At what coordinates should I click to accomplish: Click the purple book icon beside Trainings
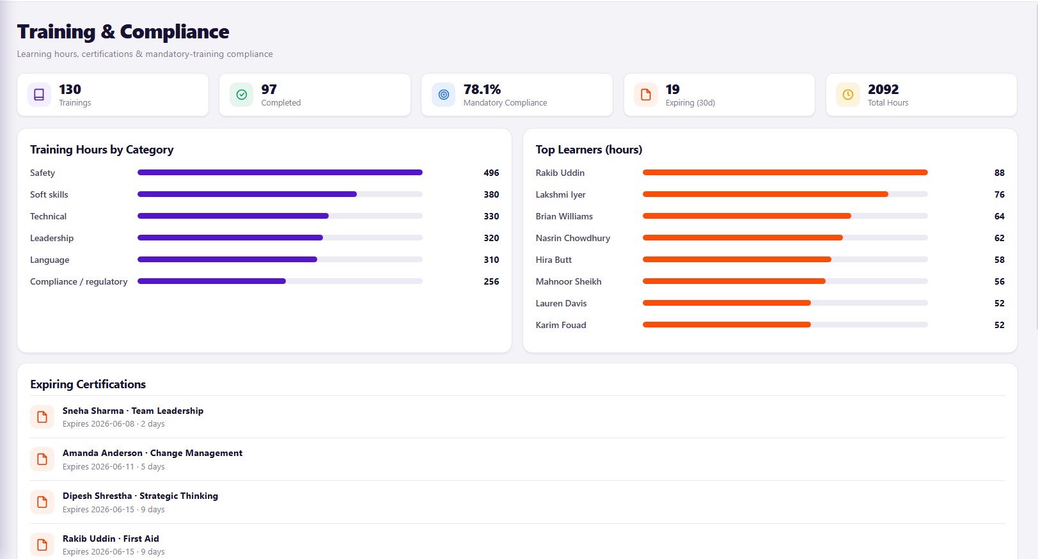click(x=39, y=95)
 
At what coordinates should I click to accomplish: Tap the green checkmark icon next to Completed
click(x=241, y=95)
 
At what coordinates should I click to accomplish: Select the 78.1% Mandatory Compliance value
click(x=482, y=89)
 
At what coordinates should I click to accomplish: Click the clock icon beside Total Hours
click(x=847, y=95)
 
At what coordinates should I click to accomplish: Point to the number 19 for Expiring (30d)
click(x=672, y=89)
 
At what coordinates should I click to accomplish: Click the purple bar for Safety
click(x=280, y=173)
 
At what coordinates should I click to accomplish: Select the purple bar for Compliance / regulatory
click(x=212, y=281)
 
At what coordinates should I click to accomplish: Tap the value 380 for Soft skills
click(x=491, y=194)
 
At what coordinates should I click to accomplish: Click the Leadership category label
click(x=52, y=239)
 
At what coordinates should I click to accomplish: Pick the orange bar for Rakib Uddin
click(x=785, y=173)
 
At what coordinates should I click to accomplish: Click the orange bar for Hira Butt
click(x=737, y=260)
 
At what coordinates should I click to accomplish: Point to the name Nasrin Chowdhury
click(x=573, y=239)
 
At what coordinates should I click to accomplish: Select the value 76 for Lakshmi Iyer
click(x=999, y=194)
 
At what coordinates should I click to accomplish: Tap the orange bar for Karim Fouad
click(x=727, y=325)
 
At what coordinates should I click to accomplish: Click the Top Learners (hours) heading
click(x=589, y=150)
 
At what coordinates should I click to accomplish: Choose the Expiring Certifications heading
click(x=88, y=384)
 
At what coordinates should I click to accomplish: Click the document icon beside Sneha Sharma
click(x=42, y=417)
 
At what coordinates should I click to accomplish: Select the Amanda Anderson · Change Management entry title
click(x=152, y=453)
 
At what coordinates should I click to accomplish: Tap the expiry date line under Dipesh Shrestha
click(x=114, y=509)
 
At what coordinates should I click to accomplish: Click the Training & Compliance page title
click(x=123, y=31)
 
